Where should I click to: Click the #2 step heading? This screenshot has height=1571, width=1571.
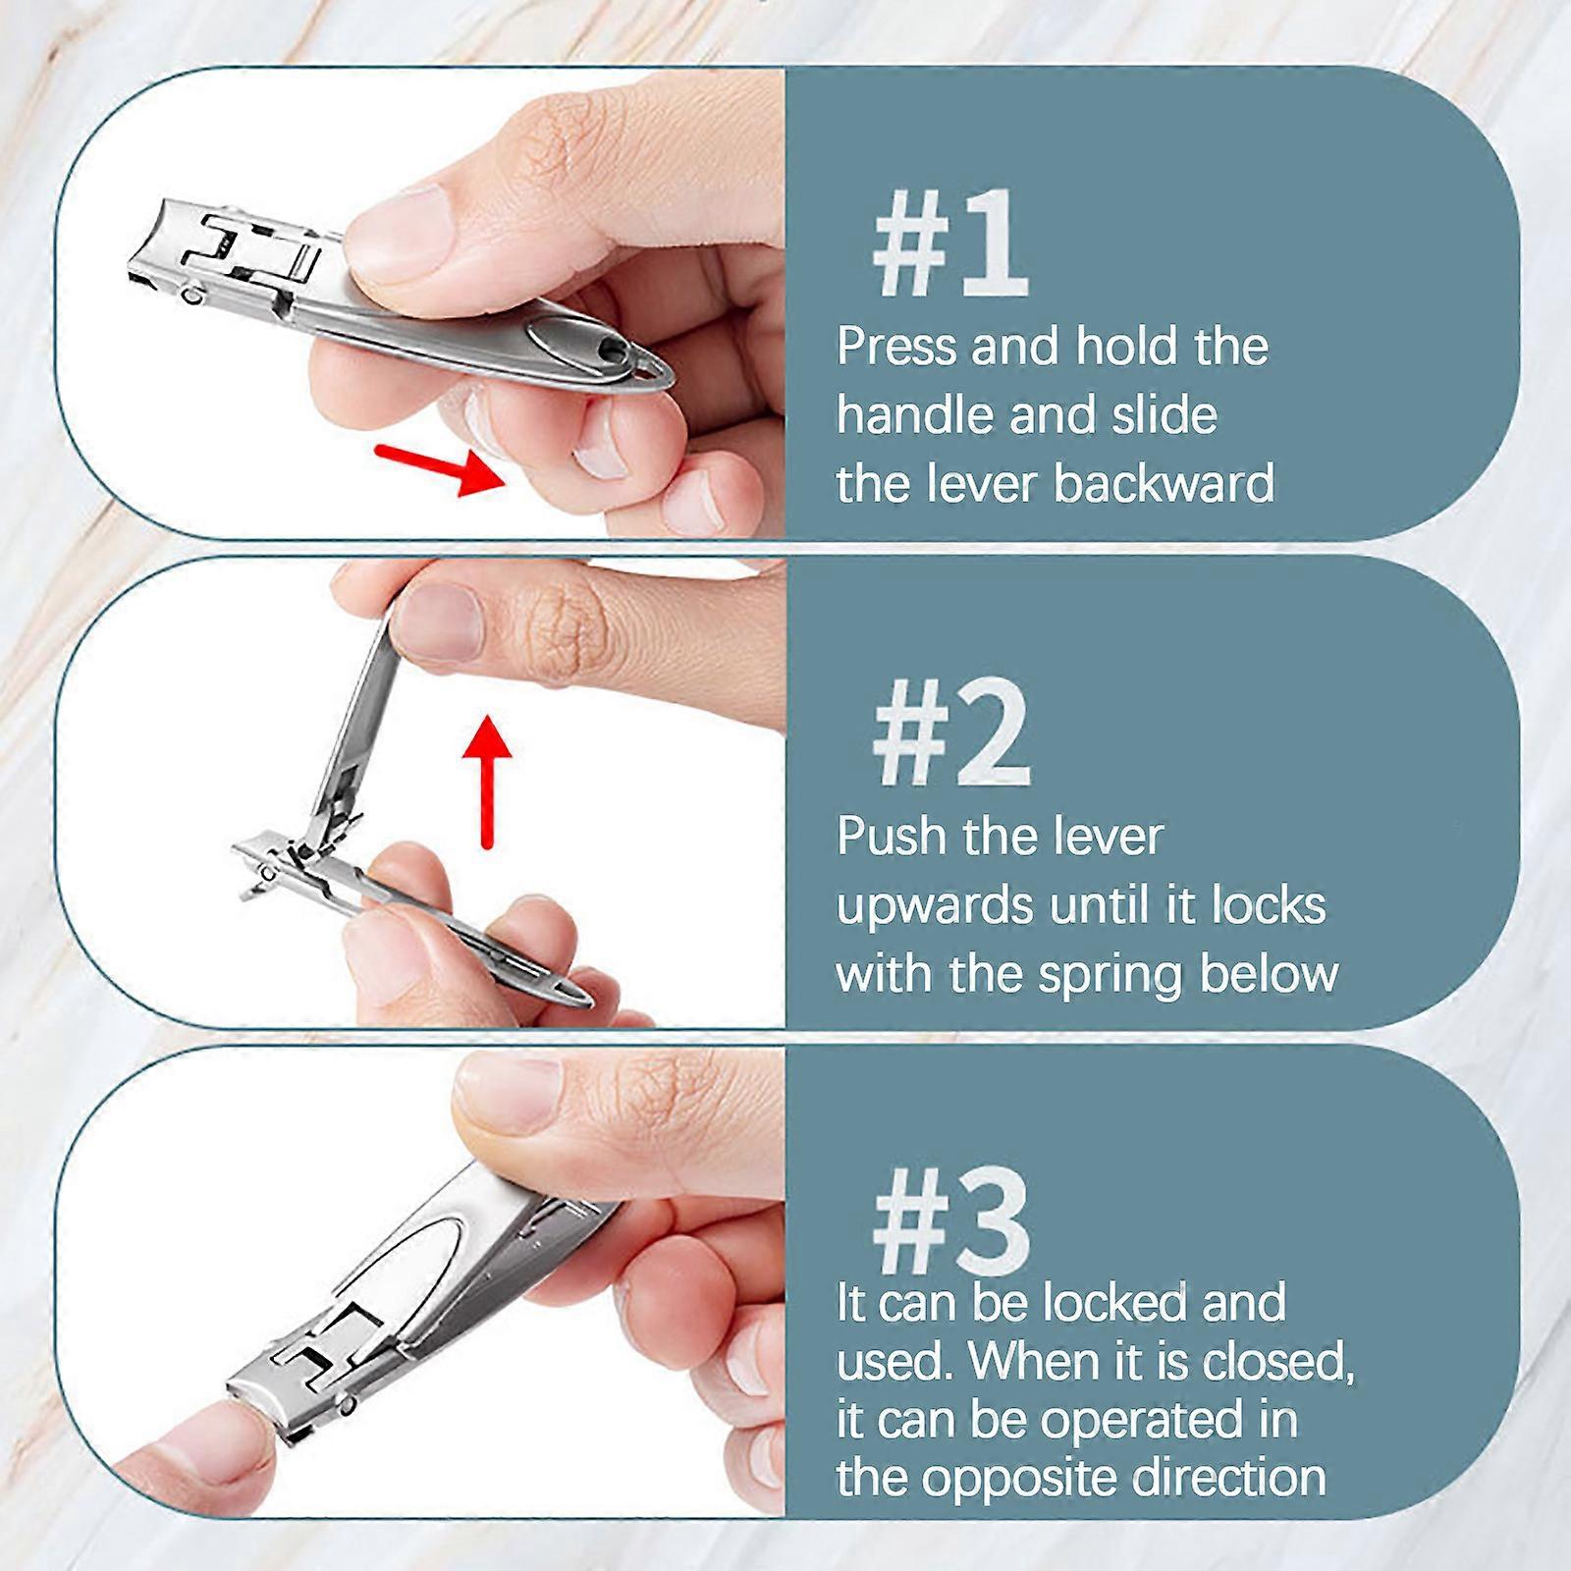point(949,734)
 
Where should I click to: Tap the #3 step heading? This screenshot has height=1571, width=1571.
point(949,1223)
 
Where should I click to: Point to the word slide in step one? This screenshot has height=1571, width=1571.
point(1164,415)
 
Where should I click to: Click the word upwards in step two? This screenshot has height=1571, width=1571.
point(934,907)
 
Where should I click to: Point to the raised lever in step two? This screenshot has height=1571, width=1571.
point(358,717)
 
